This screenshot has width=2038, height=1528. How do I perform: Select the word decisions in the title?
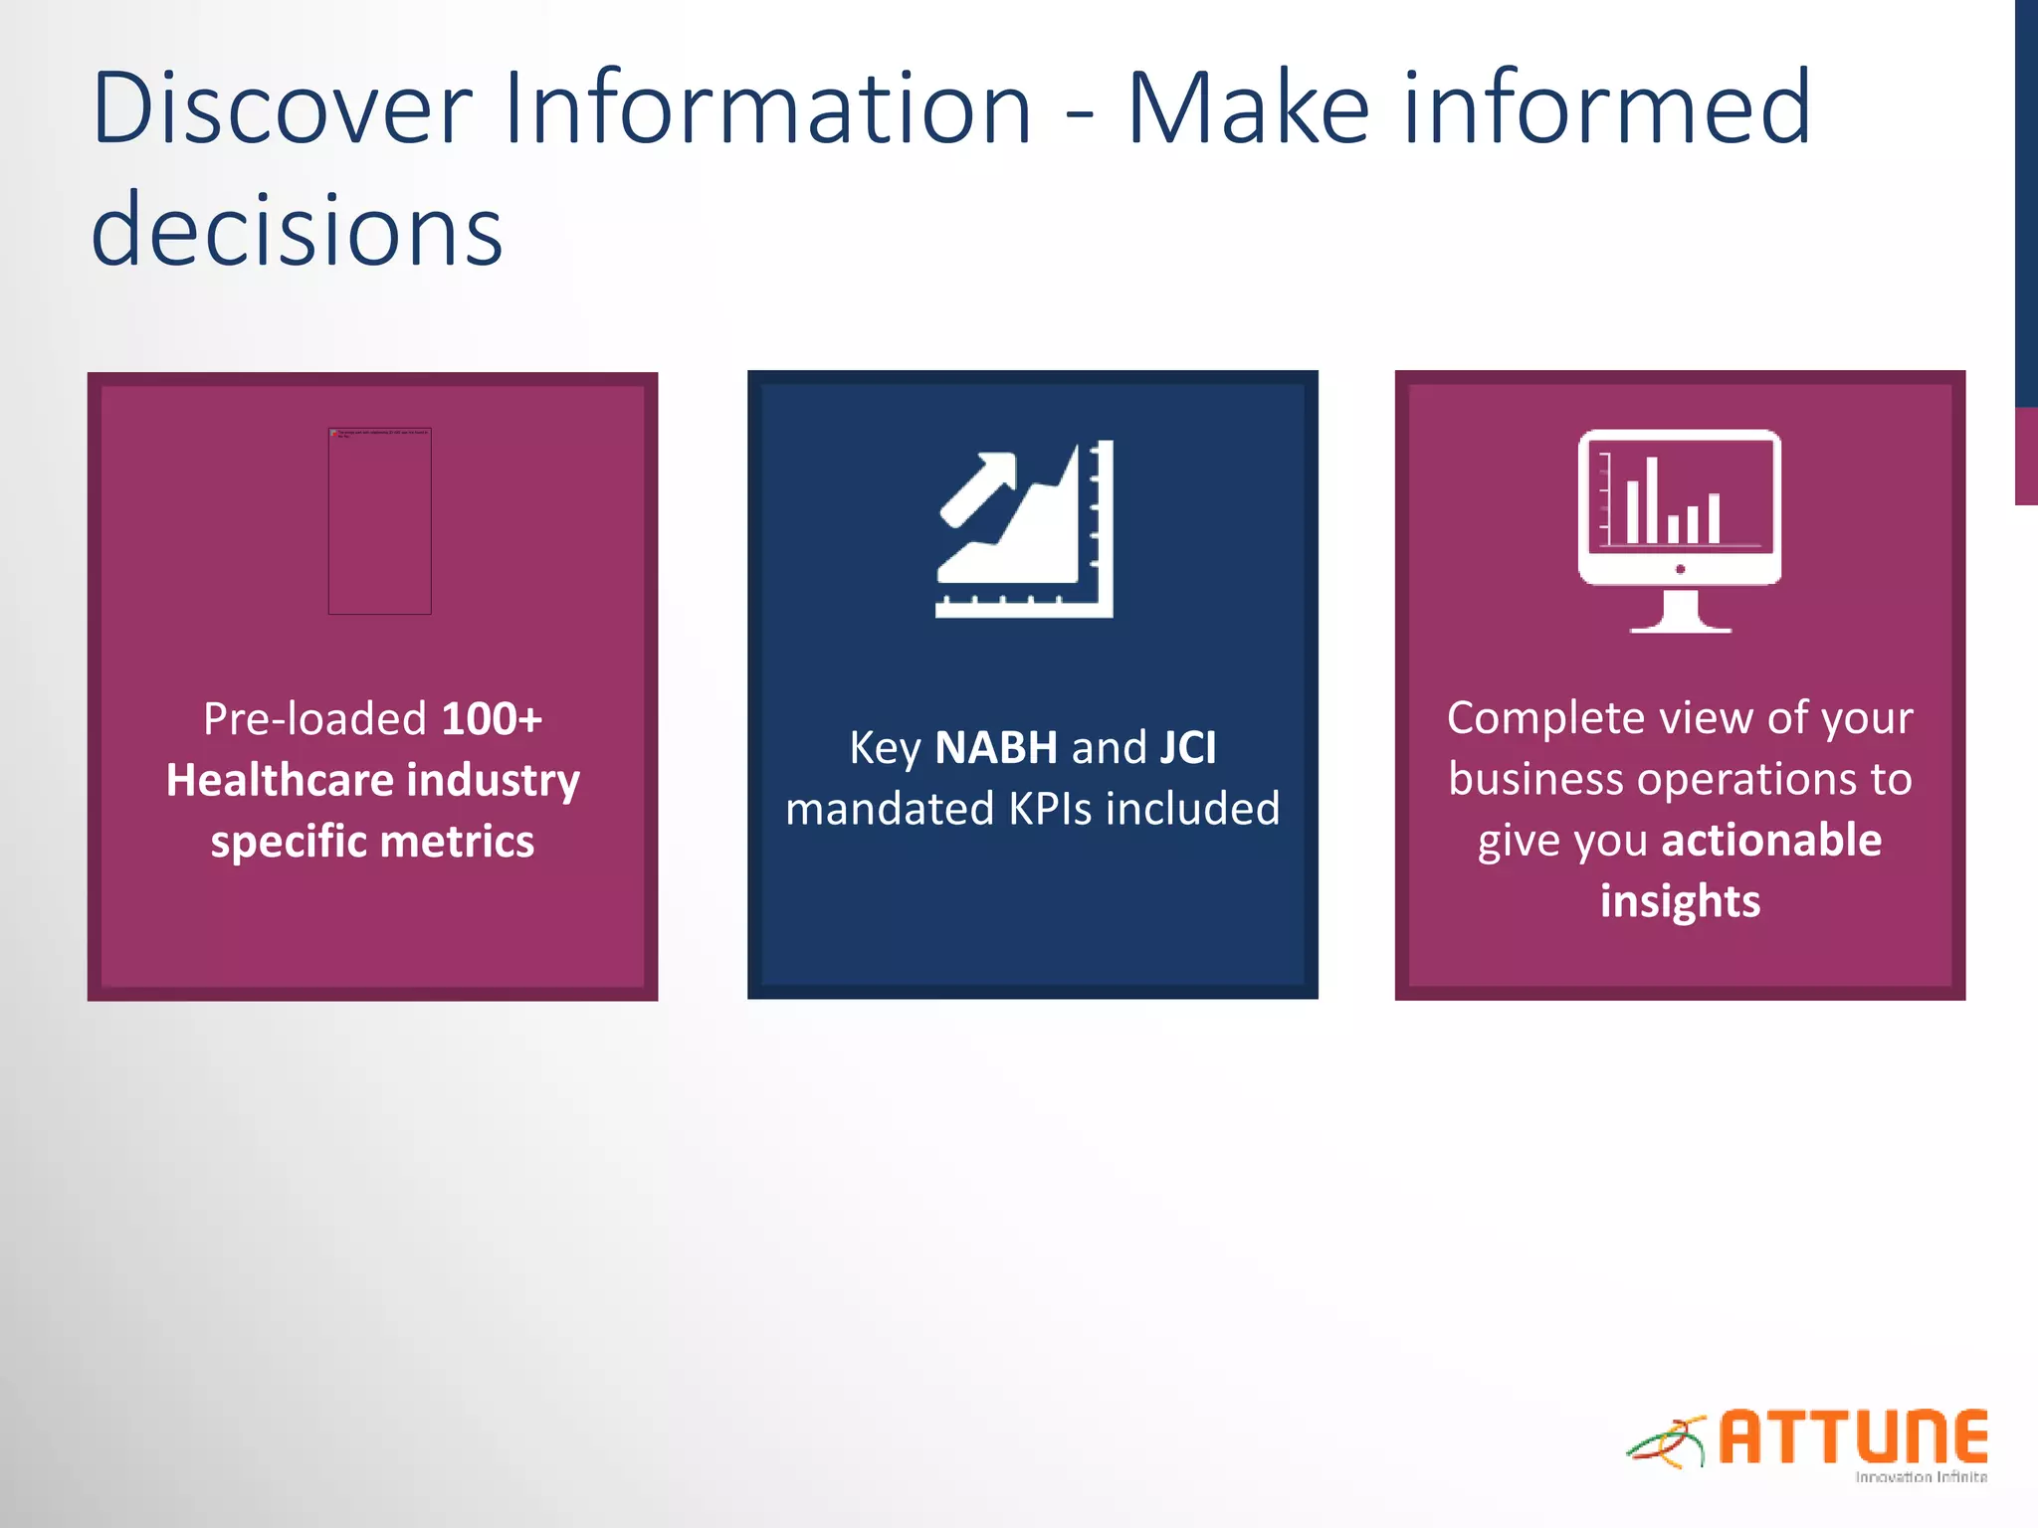(297, 231)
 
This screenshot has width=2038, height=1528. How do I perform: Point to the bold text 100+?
(492, 719)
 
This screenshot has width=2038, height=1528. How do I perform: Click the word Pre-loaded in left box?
(315, 719)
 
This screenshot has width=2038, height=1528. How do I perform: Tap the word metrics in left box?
(457, 842)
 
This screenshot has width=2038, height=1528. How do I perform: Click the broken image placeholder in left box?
(379, 520)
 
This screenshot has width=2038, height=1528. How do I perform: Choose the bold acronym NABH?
(995, 748)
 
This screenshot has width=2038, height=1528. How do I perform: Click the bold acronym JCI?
(1187, 748)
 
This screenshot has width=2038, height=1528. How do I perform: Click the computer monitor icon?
(1680, 507)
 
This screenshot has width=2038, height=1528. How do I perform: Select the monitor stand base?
(1680, 625)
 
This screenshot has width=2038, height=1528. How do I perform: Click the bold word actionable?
(1771, 841)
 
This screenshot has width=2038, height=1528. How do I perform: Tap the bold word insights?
(1680, 901)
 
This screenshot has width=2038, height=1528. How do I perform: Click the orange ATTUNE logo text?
(1853, 1437)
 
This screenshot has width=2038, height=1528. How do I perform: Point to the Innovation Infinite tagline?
(1921, 1477)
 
